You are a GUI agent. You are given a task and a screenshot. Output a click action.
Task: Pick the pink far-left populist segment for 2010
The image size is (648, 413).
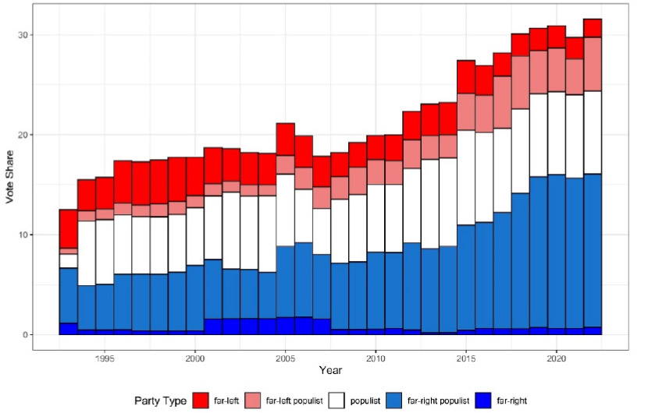pyautogui.click(x=376, y=171)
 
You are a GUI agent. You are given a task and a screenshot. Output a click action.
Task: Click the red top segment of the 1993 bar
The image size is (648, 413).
pyautogui.click(x=69, y=228)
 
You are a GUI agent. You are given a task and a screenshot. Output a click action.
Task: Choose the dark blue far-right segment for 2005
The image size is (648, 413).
pyautogui.click(x=285, y=326)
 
